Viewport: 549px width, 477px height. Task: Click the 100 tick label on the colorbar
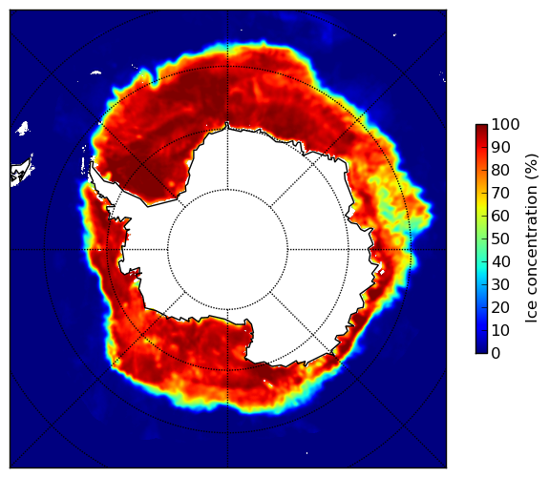point(505,124)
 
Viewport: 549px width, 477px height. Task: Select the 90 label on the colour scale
point(500,147)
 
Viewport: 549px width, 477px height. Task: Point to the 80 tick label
point(500,170)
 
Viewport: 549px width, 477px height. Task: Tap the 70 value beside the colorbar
point(500,193)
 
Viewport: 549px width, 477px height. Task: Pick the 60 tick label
point(500,216)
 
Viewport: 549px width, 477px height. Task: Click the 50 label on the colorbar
point(500,239)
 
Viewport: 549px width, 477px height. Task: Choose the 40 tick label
point(500,261)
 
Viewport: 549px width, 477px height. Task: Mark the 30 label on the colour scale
point(500,285)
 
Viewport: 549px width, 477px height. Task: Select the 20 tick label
point(500,307)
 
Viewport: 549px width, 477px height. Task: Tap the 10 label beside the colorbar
point(500,331)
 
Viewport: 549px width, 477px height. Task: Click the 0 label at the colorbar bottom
point(496,354)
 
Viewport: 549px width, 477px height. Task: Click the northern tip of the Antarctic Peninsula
point(92,163)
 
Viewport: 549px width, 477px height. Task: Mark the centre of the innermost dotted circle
point(227,250)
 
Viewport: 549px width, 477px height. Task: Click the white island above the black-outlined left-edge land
point(23,128)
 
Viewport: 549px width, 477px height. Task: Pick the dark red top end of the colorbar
point(481,127)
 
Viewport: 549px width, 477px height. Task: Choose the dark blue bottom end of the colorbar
point(481,351)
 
